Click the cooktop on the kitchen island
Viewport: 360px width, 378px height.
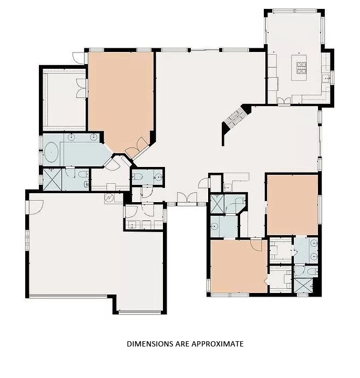pyautogui.click(x=302, y=67)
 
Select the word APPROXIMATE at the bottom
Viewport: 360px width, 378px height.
pyautogui.click(x=220, y=344)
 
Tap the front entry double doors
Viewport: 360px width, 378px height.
pyautogui.click(x=187, y=198)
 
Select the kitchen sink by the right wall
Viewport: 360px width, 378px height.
pyautogui.click(x=325, y=79)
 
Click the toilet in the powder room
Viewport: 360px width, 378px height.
pyautogui.click(x=137, y=177)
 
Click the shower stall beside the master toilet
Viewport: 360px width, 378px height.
pyautogui.click(x=53, y=179)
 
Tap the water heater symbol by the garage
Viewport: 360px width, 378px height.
pyautogui.click(x=109, y=198)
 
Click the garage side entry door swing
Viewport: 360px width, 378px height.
pyautogui.click(x=34, y=206)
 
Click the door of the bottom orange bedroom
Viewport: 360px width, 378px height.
pyautogui.click(x=256, y=245)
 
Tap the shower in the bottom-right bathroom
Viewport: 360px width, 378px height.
pyautogui.click(x=305, y=286)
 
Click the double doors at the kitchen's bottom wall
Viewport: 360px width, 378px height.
pyautogui.click(x=284, y=100)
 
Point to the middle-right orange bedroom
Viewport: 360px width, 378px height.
pyautogui.click(x=292, y=205)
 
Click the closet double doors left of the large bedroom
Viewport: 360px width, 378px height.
pyautogui.click(x=81, y=88)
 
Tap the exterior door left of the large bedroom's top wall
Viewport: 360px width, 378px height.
pyautogui.click(x=77, y=56)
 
